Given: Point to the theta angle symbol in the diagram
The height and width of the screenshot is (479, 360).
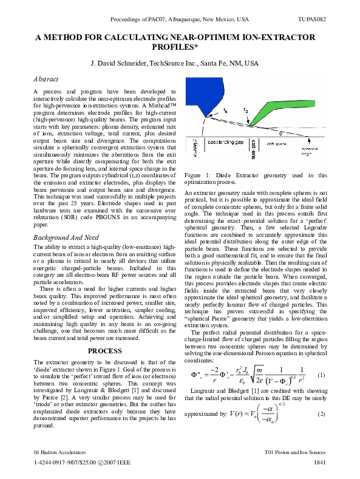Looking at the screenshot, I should [280, 133].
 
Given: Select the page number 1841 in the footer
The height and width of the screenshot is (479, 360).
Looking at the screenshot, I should [321, 463].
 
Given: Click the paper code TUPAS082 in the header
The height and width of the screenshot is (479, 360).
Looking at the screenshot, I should [313, 19].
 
